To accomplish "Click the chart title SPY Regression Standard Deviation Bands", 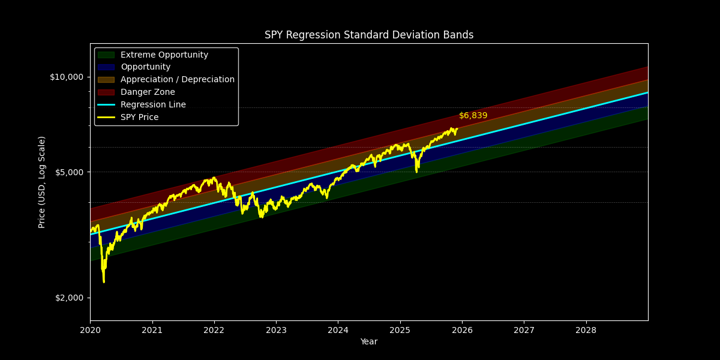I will coord(369,35).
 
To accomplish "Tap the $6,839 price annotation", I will coord(473,115).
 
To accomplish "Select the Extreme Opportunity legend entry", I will coord(164,55).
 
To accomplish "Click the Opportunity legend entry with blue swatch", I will coord(145,67).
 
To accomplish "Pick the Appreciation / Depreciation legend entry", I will coord(177,80).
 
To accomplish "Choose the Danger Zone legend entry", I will coord(148,92).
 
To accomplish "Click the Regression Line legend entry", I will coord(153,105).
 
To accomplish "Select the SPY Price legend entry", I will coord(139,118).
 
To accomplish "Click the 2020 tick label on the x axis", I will coord(90,330).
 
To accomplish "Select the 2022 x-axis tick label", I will coord(214,330).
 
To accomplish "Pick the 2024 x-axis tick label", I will coord(338,330).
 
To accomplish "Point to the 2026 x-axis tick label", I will coord(462,330).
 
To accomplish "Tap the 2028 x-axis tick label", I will coord(586,330).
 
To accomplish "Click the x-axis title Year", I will coord(369,342).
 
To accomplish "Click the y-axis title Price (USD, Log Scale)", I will coord(42,182).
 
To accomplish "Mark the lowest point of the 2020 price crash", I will coord(104,282).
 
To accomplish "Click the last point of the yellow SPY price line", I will coord(457,128).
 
